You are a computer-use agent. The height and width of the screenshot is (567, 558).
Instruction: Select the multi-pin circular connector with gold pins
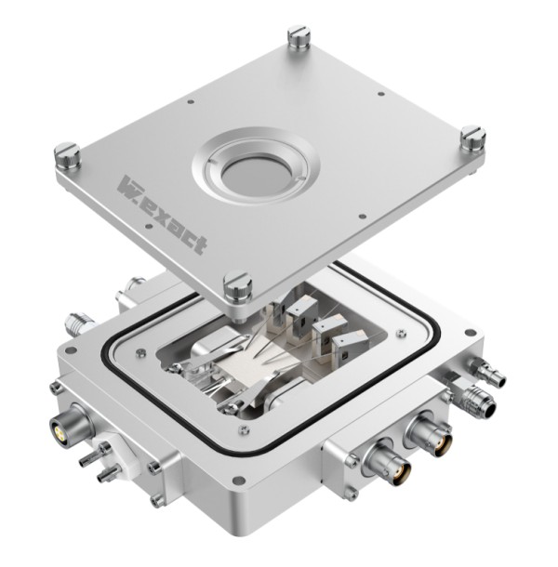pos(64,427)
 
